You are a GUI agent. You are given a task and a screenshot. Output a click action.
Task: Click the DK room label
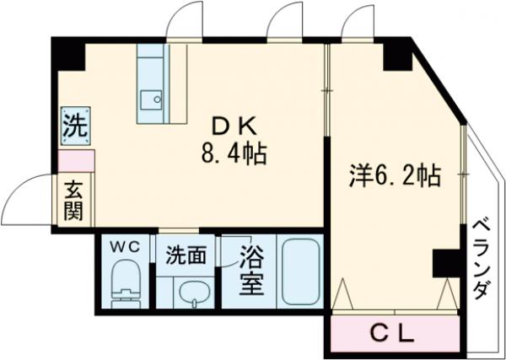[x=231, y=127]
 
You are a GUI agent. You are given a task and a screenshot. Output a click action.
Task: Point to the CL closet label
[x=393, y=335]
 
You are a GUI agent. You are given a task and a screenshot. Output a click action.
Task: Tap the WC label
[x=128, y=247]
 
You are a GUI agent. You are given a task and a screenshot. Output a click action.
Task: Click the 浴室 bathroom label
[x=250, y=269]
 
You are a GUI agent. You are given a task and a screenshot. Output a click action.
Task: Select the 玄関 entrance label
[x=73, y=201]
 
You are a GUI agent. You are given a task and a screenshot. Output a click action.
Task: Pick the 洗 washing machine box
[x=74, y=127]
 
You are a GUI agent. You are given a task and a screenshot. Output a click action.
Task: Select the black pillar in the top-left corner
[x=68, y=55]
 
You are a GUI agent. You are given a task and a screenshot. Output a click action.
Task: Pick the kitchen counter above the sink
[x=153, y=64]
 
